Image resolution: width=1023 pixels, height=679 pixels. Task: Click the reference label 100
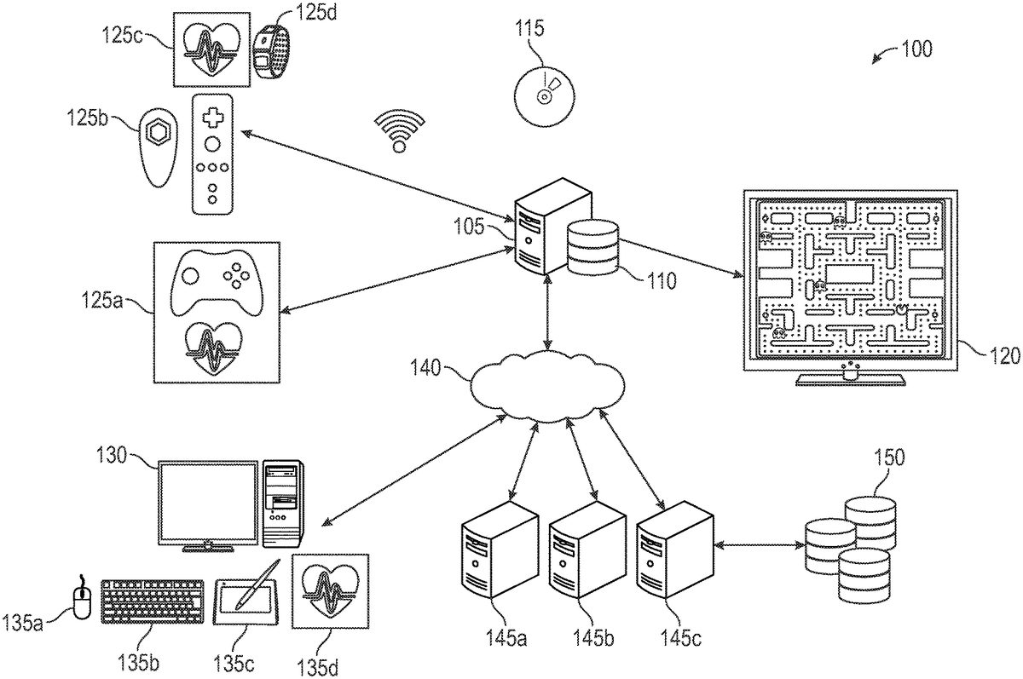click(917, 49)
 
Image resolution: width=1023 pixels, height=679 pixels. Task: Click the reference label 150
click(890, 457)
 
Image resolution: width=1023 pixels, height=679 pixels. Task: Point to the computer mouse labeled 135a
click(83, 597)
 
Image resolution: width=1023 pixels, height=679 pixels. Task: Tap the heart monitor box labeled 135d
click(325, 590)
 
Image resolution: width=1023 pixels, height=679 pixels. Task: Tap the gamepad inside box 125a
click(217, 283)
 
